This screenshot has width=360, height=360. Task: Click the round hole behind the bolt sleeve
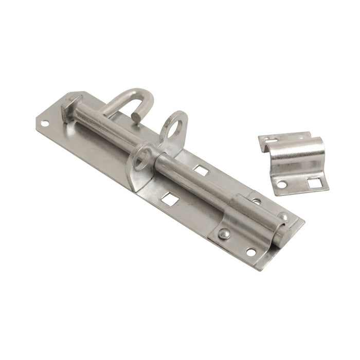tap(256, 201)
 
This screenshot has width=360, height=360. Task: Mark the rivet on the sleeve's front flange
tap(223, 234)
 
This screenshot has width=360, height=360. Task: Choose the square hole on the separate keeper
tap(314, 181)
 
